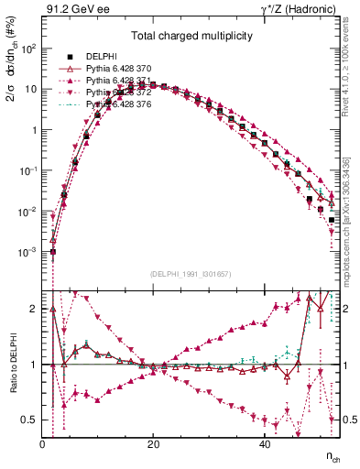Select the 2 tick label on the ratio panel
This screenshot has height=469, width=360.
35,309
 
